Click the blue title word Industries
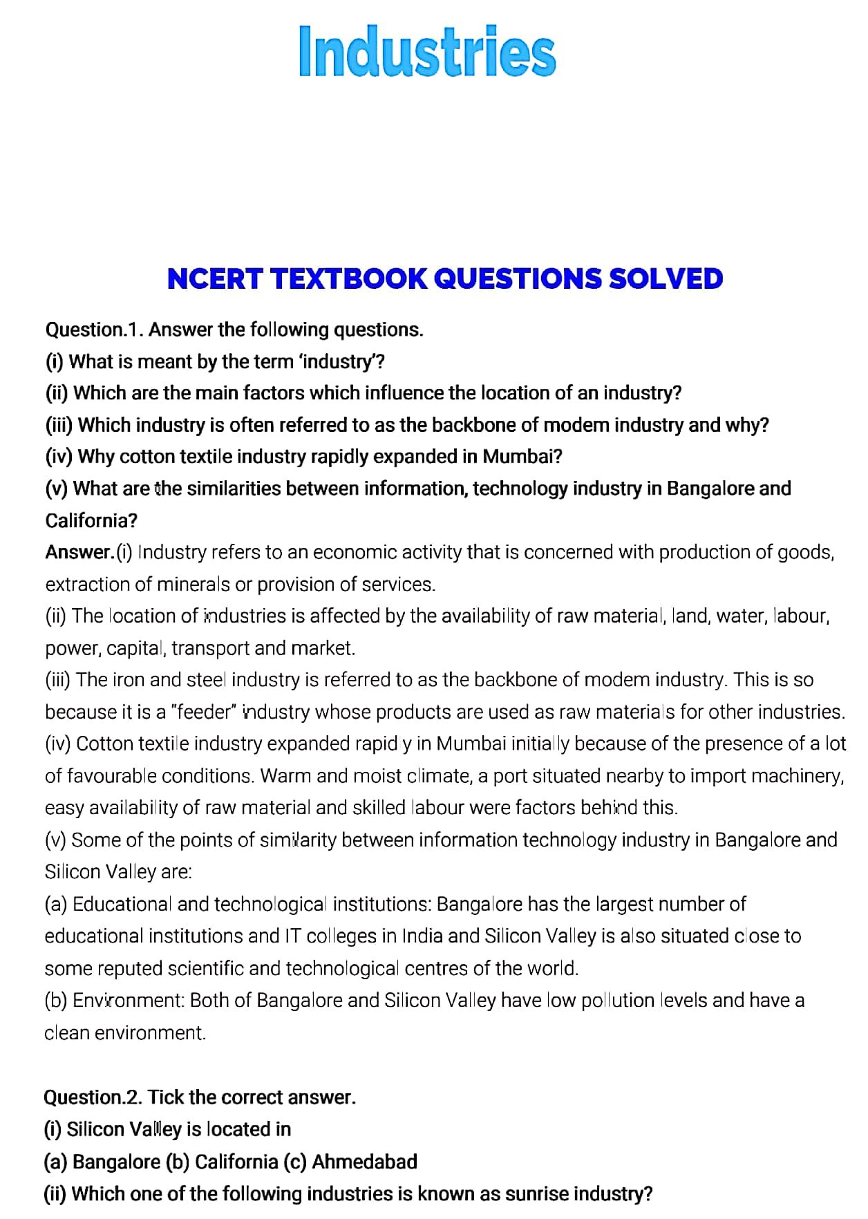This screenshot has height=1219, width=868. (427, 52)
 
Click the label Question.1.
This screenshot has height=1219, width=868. (94, 330)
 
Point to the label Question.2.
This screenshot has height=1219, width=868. (93, 1097)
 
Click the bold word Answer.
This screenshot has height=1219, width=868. (79, 552)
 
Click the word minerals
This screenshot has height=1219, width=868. (194, 585)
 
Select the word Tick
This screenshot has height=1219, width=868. (166, 1097)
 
